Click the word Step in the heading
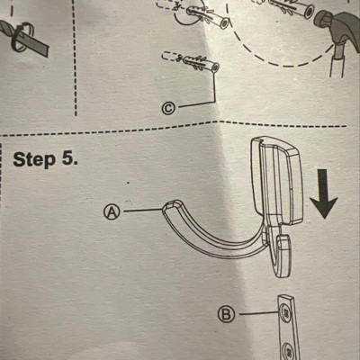click(34, 159)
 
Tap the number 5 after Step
click(68, 158)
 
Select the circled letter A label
click(112, 212)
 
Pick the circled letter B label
click(226, 315)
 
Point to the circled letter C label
click(169, 109)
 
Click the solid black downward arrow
click(323, 193)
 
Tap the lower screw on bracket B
click(289, 350)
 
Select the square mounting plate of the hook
click(277, 180)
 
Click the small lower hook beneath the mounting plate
click(280, 255)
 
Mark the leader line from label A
click(142, 211)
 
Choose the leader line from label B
click(258, 313)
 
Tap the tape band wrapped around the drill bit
click(22, 38)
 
